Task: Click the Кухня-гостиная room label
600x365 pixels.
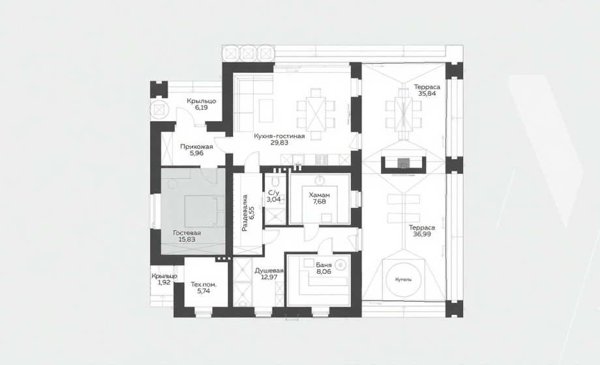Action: (279, 136)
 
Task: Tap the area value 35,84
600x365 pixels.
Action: (427, 93)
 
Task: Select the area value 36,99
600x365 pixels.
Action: (422, 234)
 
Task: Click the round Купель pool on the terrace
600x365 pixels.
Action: (404, 280)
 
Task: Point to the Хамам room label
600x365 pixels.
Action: (319, 195)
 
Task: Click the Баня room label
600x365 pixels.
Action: (323, 265)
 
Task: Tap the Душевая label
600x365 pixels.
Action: (269, 270)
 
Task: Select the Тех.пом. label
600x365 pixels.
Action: (203, 285)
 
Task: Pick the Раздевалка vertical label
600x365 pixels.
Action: (245, 213)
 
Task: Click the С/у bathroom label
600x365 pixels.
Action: (273, 193)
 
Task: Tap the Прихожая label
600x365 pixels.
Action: (197, 147)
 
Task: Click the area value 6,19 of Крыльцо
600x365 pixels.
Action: (202, 108)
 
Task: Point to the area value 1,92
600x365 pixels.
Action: (164, 283)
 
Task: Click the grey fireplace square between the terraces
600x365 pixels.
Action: (403, 163)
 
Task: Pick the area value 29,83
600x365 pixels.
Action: (279, 143)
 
